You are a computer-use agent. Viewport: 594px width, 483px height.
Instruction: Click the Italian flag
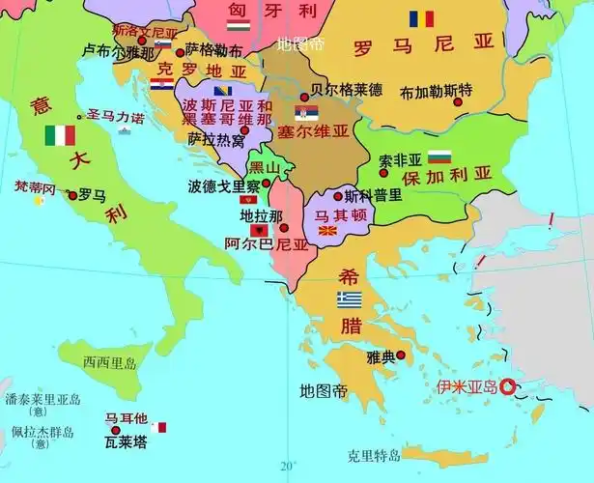(x=60, y=135)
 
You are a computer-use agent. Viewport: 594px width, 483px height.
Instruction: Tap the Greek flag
(x=350, y=299)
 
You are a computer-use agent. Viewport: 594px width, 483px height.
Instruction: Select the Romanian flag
(x=421, y=18)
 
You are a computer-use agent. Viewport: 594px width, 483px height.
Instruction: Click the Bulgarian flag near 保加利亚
(x=439, y=156)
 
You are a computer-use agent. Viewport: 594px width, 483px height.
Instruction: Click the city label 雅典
(x=382, y=357)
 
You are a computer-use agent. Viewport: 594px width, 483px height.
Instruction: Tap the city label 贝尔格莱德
(x=346, y=90)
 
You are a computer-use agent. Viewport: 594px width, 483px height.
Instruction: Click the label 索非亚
(x=401, y=159)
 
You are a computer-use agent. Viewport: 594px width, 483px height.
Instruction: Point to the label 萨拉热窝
(x=216, y=139)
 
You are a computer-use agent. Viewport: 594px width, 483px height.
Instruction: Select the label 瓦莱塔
(x=127, y=442)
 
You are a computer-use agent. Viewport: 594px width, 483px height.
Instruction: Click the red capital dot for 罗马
(x=71, y=195)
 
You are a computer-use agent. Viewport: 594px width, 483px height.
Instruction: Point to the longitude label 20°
(x=287, y=467)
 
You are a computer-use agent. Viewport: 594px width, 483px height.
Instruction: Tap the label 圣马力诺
(x=116, y=117)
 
